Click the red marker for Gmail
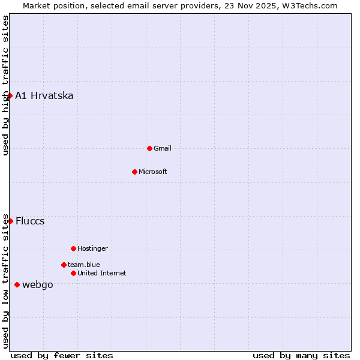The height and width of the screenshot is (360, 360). pos(149,148)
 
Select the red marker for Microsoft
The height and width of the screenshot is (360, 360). pos(134,172)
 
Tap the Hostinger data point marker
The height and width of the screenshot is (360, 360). pos(73,248)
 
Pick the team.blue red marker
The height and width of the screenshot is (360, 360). pos(64,265)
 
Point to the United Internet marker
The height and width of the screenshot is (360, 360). pos(73,273)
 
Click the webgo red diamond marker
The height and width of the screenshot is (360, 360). pos(17,284)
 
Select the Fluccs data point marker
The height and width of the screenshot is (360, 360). pos(10,221)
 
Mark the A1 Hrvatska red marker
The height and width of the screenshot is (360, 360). pos(10,95)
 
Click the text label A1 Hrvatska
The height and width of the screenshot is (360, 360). pos(44,96)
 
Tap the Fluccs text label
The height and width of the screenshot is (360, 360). pos(30,221)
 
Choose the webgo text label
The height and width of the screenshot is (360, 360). pos(38,285)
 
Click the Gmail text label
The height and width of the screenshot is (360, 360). pos(163,149)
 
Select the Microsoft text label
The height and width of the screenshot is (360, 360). pos(153,172)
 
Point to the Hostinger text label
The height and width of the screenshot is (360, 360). pos(92,249)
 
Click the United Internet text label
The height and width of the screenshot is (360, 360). pos(102,274)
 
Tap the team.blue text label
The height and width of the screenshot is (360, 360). pos(84,265)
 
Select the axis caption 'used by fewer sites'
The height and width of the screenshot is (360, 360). pos(62,355)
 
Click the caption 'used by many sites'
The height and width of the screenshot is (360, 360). pos(301,355)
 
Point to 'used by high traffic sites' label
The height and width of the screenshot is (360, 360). pos(6,85)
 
